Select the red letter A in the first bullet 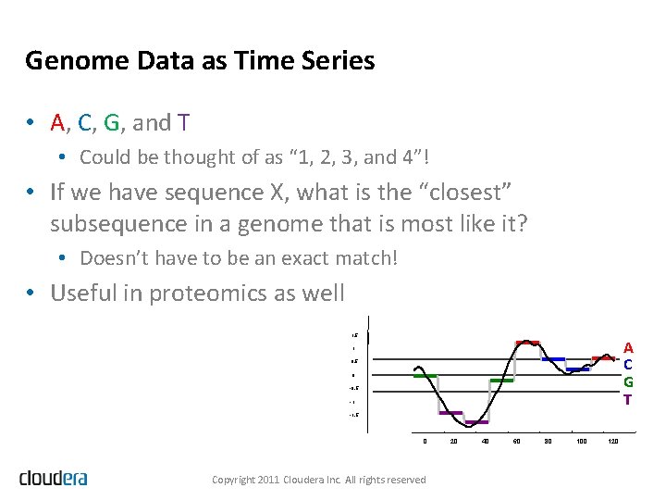(x=57, y=122)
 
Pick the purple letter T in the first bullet (x=184, y=122)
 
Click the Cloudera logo (x=54, y=478)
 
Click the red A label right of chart (x=628, y=348)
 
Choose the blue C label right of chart (x=628, y=365)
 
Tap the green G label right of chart (x=628, y=381)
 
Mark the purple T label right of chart (x=628, y=399)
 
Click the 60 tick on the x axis (x=516, y=441)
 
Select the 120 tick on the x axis (x=614, y=441)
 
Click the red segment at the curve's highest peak (x=527, y=343)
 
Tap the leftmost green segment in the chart (x=425, y=376)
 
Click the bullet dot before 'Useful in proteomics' (x=31, y=294)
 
